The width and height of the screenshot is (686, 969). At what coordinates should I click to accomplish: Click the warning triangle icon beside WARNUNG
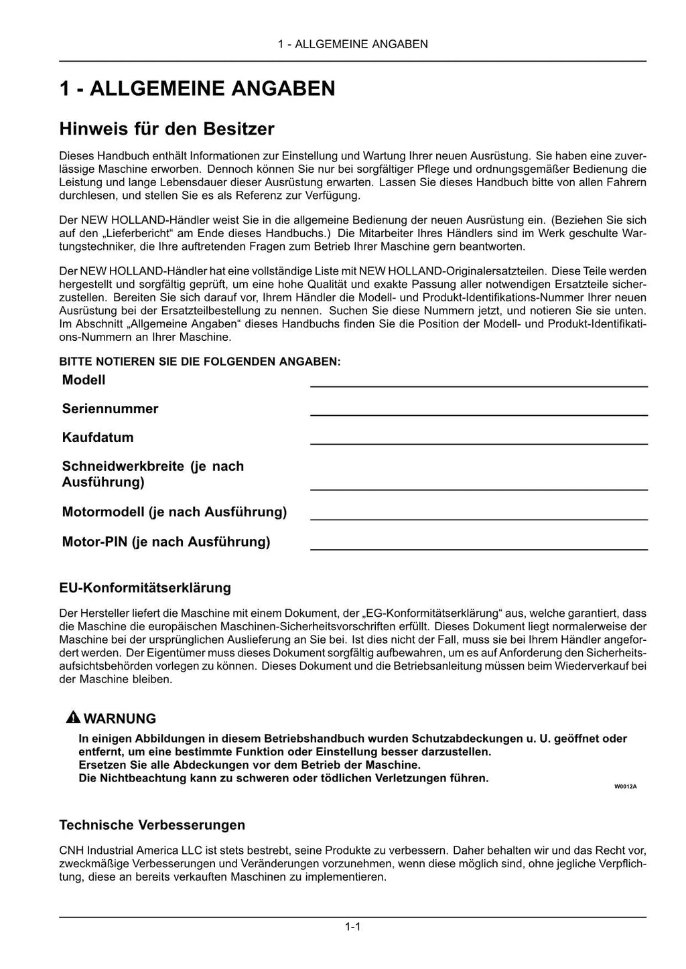(x=72, y=718)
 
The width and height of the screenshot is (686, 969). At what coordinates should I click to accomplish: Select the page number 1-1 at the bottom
(x=353, y=927)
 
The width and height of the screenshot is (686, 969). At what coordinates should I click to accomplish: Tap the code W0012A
(x=625, y=786)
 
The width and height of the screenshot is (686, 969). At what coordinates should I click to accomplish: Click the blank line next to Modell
(x=478, y=386)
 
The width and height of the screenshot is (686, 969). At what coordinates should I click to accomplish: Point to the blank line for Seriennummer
(x=478, y=415)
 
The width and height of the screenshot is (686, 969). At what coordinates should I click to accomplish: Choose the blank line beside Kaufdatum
(x=478, y=443)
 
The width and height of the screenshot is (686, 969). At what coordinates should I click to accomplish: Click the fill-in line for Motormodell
(x=478, y=519)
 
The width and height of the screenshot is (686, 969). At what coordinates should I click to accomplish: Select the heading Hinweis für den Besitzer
(x=167, y=128)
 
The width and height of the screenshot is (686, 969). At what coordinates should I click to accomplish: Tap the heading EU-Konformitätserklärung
(x=145, y=587)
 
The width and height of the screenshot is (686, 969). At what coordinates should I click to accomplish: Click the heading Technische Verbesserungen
(x=152, y=824)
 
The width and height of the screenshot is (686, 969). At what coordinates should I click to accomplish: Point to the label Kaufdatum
(x=98, y=437)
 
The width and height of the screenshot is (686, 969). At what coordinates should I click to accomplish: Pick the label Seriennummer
(x=110, y=408)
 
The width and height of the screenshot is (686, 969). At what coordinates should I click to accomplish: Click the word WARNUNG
(x=120, y=719)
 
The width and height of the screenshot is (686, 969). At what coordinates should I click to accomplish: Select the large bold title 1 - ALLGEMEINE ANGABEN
(x=197, y=88)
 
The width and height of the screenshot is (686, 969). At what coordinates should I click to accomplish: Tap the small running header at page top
(x=352, y=44)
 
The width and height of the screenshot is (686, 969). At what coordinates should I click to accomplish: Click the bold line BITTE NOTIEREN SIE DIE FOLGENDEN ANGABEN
(x=200, y=362)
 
